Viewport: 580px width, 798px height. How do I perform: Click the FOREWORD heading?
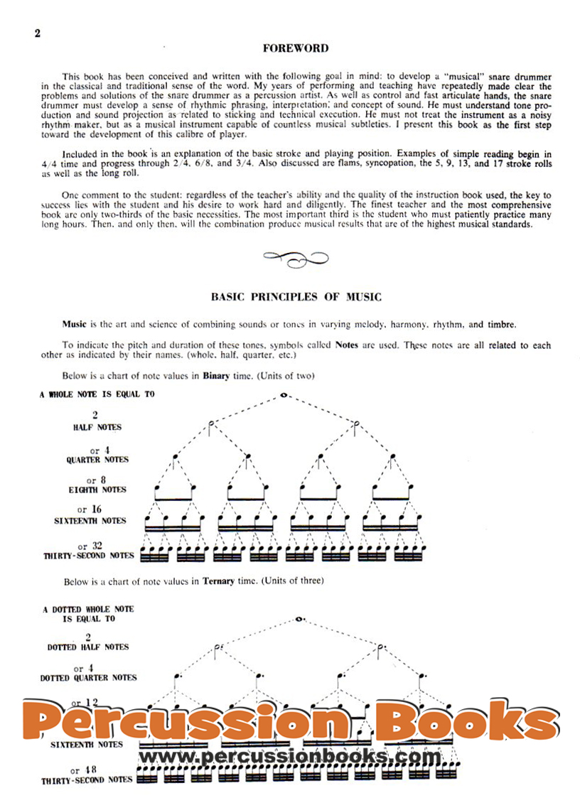[295, 49]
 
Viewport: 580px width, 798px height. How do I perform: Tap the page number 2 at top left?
[37, 33]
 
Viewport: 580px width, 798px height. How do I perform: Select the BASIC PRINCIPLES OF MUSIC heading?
[296, 297]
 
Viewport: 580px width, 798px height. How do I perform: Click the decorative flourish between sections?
[295, 259]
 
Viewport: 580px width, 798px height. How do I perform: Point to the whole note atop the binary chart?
[283, 395]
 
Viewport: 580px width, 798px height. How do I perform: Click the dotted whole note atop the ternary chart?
[299, 619]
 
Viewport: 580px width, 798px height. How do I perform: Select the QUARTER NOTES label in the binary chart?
[97, 460]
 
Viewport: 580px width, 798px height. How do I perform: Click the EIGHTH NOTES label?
[97, 490]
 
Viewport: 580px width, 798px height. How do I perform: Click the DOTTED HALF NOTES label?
[88, 647]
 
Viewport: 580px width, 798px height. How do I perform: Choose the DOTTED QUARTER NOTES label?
[88, 678]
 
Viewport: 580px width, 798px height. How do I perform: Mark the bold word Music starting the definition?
[74, 324]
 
